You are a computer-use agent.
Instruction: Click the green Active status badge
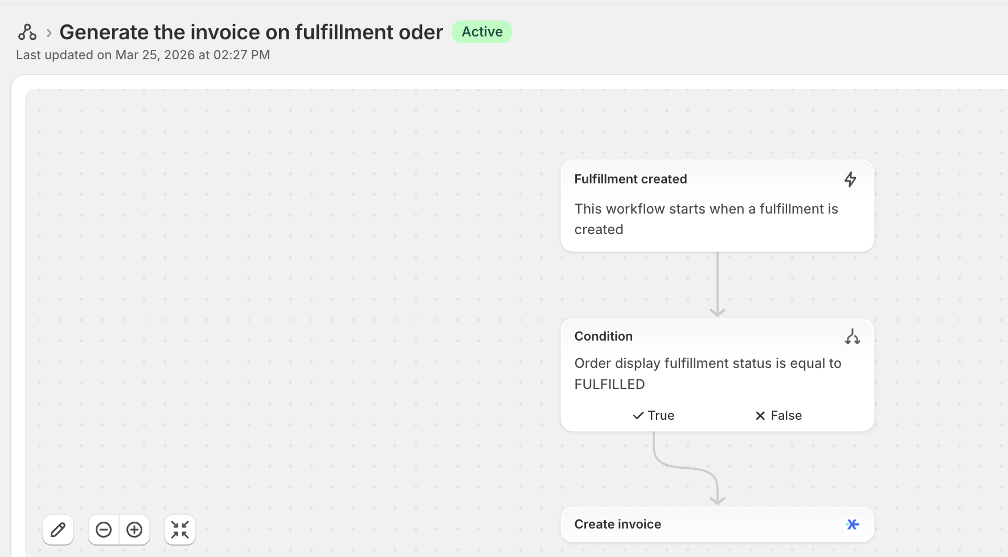pos(482,32)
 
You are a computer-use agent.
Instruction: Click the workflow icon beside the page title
pos(27,32)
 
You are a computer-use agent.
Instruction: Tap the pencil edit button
pos(58,530)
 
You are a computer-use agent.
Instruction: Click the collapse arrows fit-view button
pos(180,530)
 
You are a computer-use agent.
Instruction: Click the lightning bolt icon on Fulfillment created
pos(850,179)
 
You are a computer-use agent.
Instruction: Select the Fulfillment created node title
pos(630,179)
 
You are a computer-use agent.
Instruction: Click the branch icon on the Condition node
pos(852,337)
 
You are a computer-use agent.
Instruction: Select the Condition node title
pos(603,336)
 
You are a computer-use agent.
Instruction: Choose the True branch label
pos(654,415)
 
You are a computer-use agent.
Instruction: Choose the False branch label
pos(778,415)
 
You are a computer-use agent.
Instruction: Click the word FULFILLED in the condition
pos(609,384)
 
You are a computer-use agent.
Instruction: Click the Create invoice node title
pos(617,524)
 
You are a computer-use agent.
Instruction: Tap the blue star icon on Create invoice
pos(853,524)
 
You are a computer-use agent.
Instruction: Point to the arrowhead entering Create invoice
pos(718,500)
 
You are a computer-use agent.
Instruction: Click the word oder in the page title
pos(420,32)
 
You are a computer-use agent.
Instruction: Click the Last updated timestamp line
pos(143,55)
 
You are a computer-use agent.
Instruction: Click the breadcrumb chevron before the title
pos(49,33)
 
